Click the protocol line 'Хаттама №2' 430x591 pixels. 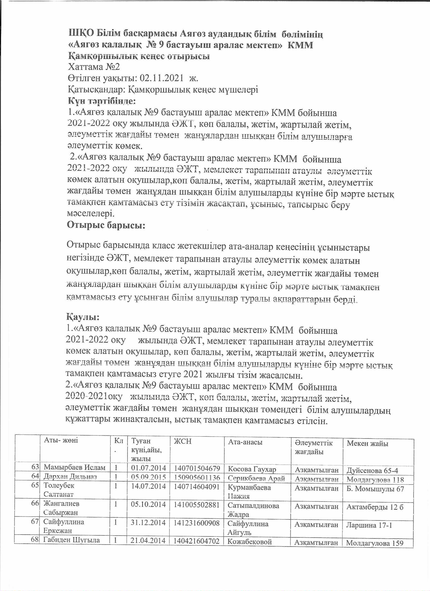point(94,67)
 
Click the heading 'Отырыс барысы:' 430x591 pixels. point(106,225)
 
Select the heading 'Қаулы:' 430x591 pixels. point(83,317)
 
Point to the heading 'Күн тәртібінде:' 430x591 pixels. point(102,101)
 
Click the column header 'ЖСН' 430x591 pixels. point(183,441)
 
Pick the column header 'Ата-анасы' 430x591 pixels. point(245,442)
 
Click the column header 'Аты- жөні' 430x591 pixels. point(61,440)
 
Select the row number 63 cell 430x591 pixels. point(35,467)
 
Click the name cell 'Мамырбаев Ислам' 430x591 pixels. point(75,467)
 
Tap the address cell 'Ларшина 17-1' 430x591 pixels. point(369,525)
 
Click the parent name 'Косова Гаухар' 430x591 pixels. point(252,469)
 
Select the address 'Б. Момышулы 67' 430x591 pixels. point(375,489)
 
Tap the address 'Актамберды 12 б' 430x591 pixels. point(375,507)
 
